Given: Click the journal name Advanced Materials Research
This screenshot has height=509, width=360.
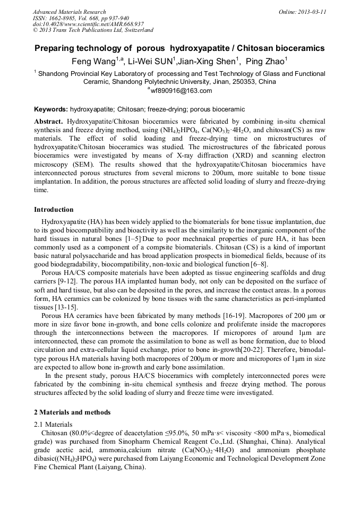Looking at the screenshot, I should [x=69, y=12].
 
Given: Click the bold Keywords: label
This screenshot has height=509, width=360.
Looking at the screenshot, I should [x=51, y=109].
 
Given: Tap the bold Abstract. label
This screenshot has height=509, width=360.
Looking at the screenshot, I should [x=48, y=122].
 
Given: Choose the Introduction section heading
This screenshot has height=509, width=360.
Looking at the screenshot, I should [x=54, y=210].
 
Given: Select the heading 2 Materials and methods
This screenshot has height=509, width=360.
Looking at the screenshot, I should [x=72, y=412].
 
